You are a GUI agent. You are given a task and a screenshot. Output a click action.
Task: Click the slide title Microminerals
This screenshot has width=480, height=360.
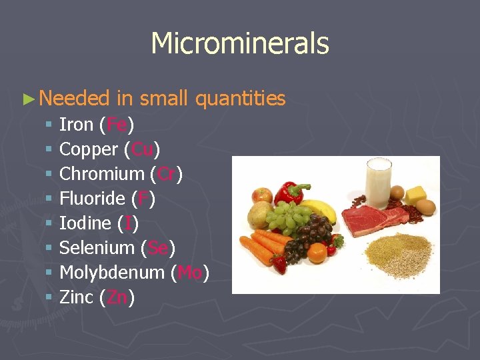tap(240, 44)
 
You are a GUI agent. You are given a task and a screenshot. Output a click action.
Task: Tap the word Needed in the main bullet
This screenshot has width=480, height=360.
tap(74, 99)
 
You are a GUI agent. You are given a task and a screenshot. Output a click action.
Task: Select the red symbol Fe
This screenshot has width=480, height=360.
tap(117, 125)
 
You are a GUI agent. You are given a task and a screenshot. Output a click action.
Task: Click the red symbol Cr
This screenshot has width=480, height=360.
tap(166, 174)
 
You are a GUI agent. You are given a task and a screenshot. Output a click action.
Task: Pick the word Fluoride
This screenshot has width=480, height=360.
tap(92, 199)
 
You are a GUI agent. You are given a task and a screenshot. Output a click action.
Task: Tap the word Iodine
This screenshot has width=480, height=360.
tap(85, 223)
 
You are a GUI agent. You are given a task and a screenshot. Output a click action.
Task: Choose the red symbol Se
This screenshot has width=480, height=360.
tap(158, 248)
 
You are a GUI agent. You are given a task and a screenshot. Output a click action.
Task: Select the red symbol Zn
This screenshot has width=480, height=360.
tap(117, 297)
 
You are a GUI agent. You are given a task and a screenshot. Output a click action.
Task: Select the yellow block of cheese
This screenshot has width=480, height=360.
tap(416, 195)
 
